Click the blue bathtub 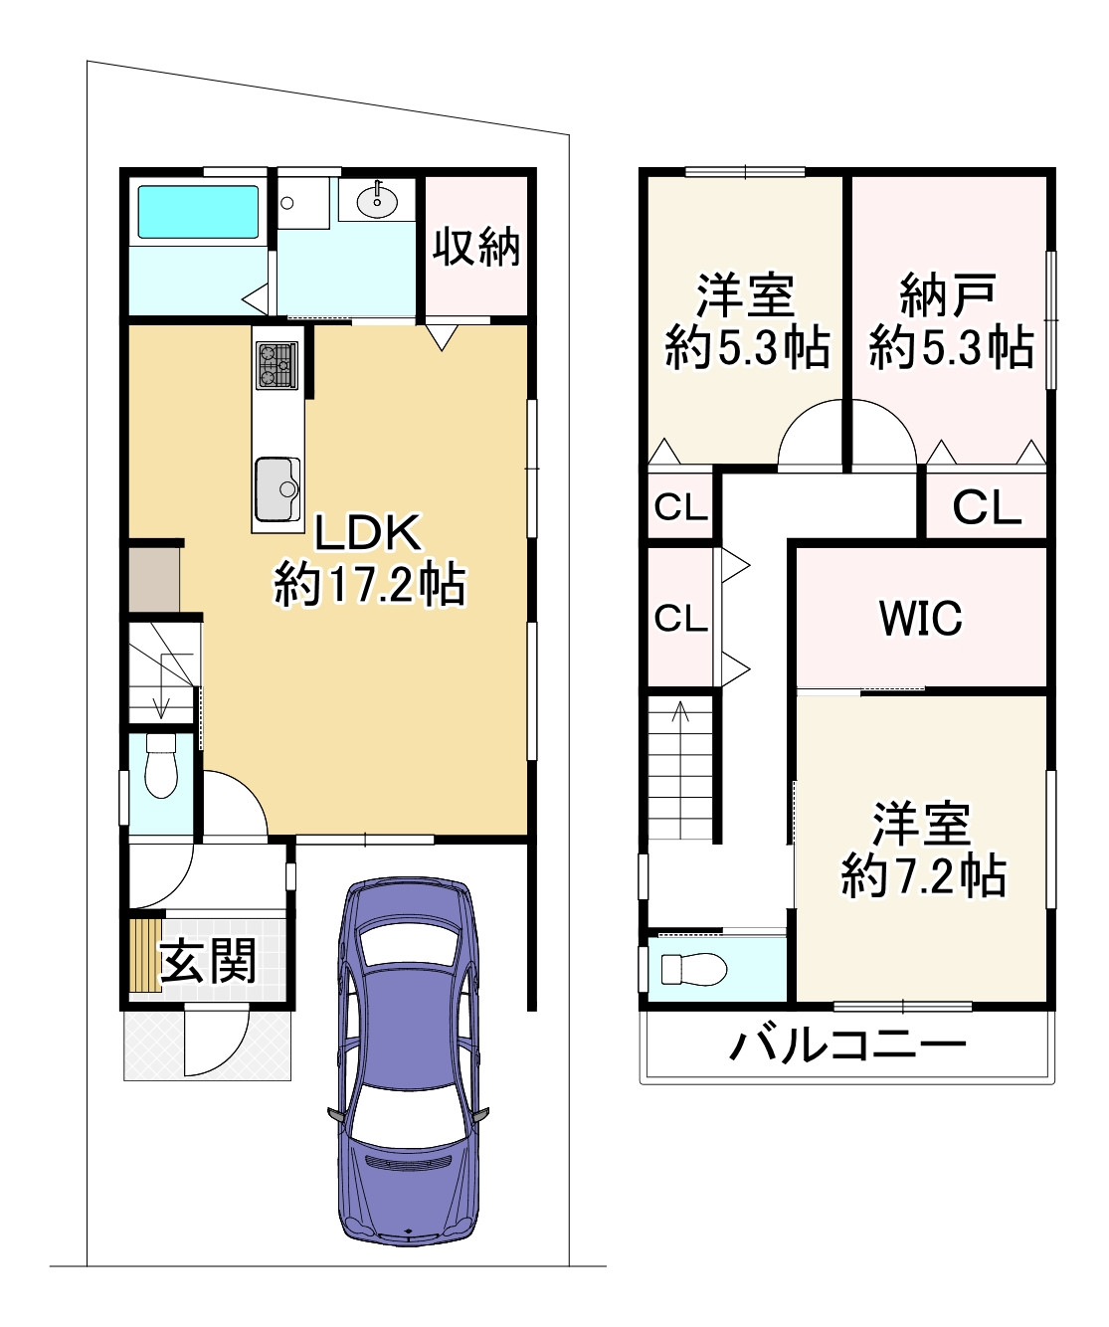(x=198, y=212)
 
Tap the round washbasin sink (x=377, y=201)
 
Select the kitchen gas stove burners (x=277, y=365)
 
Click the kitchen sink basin (x=277, y=488)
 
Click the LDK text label (x=368, y=532)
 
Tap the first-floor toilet (x=161, y=765)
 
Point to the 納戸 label (x=947, y=295)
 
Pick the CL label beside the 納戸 (x=987, y=506)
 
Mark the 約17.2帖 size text (x=370, y=584)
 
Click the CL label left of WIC (x=680, y=617)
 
